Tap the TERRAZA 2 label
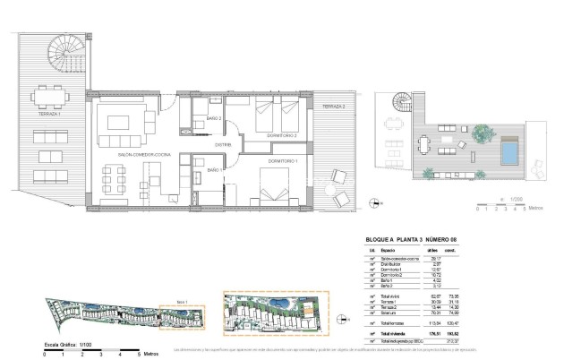coord(331,107)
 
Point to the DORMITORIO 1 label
coord(284,160)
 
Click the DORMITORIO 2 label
coord(281,133)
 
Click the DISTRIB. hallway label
coord(224,144)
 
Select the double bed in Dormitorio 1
coord(278,184)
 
